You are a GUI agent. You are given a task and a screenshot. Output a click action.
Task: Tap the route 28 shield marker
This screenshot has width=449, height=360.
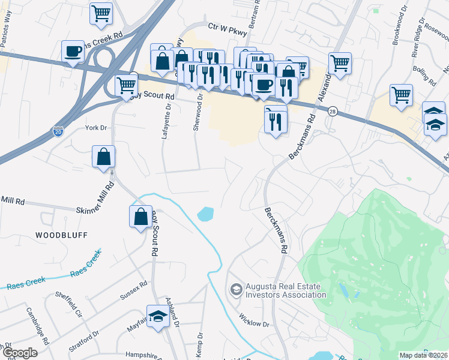point(332,111)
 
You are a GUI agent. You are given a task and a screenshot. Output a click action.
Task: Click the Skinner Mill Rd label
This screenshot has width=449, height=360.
point(98,210)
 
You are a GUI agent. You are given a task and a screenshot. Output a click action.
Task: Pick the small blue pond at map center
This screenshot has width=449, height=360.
point(205,213)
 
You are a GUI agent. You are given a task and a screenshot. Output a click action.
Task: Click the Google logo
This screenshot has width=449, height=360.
point(20,353)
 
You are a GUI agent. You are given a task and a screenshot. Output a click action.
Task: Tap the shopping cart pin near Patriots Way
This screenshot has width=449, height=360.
point(101,13)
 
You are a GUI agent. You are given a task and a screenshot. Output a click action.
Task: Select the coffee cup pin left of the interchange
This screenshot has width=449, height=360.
point(73,51)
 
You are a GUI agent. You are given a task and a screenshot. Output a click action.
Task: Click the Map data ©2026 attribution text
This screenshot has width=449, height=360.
point(423,355)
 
